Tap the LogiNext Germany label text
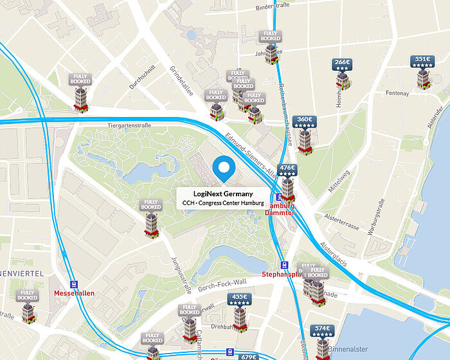224,194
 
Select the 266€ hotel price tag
342,64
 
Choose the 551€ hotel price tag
422,62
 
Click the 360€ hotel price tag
303,121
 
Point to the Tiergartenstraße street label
129,125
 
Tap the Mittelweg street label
339,182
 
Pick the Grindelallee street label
181,78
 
